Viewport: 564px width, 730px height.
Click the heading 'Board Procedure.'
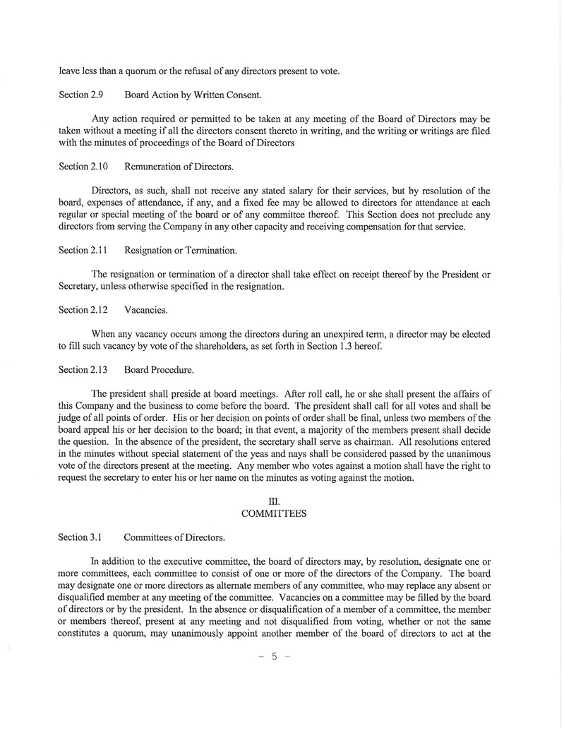pos(159,369)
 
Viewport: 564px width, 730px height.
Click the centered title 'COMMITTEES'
pos(273,514)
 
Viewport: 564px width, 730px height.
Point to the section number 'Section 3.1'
pos(80,537)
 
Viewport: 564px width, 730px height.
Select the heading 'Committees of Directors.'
pos(174,537)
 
